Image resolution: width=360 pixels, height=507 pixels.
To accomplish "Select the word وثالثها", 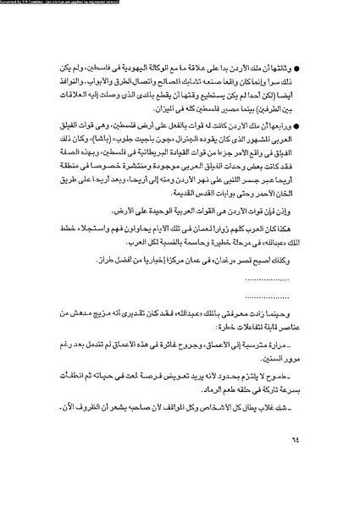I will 292,64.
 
